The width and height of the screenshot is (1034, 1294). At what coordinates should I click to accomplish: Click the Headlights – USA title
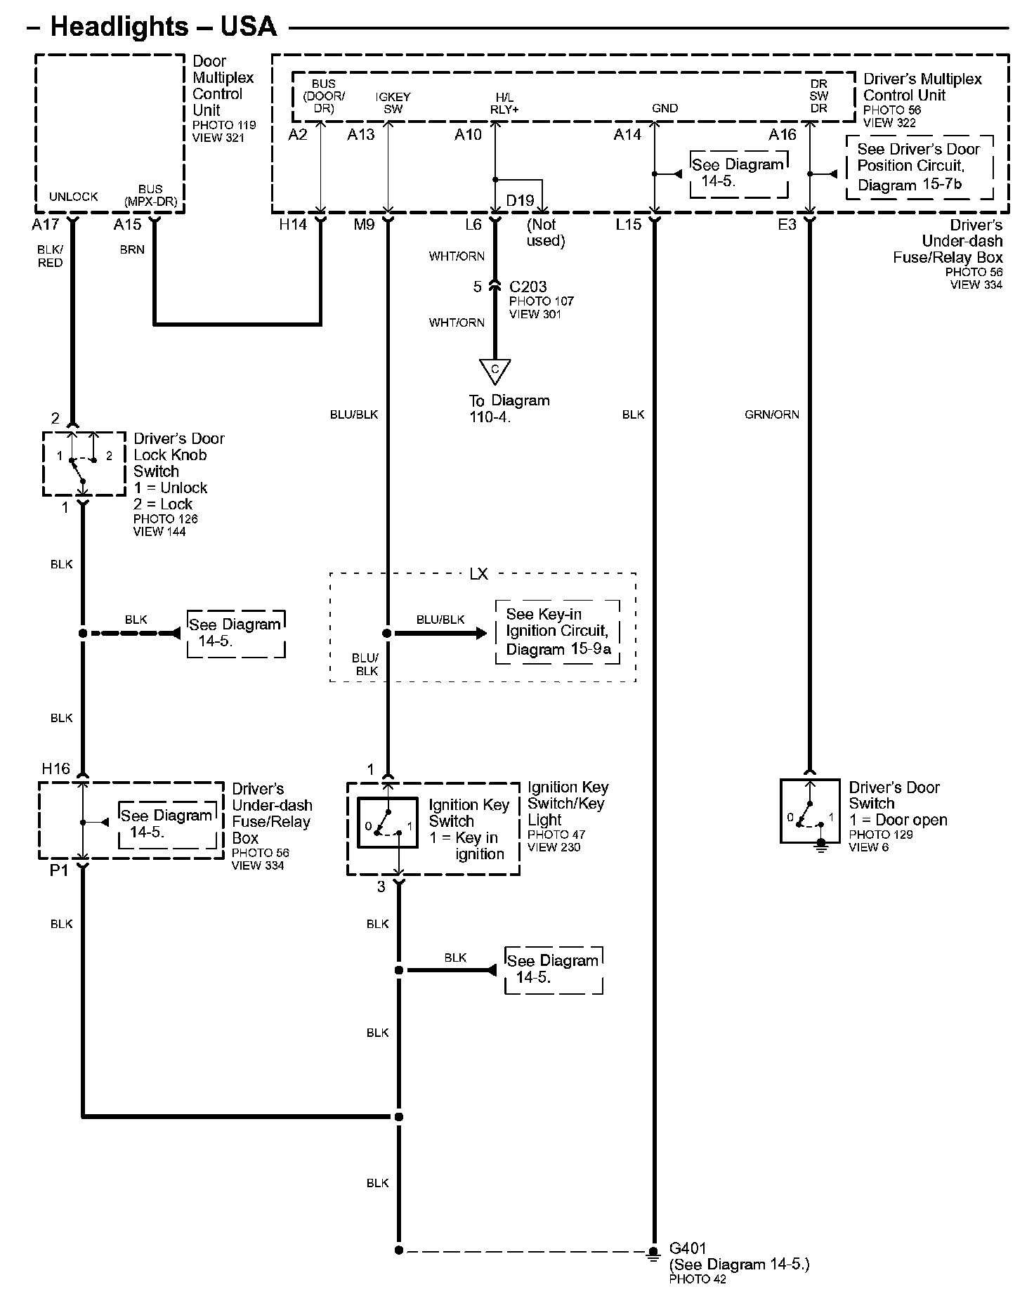(164, 27)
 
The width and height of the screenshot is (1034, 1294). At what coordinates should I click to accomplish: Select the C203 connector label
(528, 287)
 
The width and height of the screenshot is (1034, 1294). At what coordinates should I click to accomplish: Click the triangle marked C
(495, 371)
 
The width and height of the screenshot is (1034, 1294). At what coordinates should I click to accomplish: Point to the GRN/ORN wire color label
(772, 414)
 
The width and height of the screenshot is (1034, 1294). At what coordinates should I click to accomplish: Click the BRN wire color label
(132, 249)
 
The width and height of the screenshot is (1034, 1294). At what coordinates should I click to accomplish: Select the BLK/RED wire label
(51, 256)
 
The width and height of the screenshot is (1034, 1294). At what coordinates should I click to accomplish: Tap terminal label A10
(469, 134)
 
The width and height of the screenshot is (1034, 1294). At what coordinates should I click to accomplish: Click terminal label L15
(629, 224)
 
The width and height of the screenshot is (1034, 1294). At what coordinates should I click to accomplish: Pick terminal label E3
(787, 224)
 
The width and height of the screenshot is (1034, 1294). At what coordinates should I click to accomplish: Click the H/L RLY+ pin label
(504, 103)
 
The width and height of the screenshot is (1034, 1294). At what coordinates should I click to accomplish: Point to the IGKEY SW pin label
(393, 103)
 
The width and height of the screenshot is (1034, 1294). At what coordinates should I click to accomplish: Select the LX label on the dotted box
(478, 574)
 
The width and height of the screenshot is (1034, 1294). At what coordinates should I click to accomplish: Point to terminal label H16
(56, 769)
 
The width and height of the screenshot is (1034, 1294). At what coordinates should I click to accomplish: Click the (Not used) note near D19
(546, 233)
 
